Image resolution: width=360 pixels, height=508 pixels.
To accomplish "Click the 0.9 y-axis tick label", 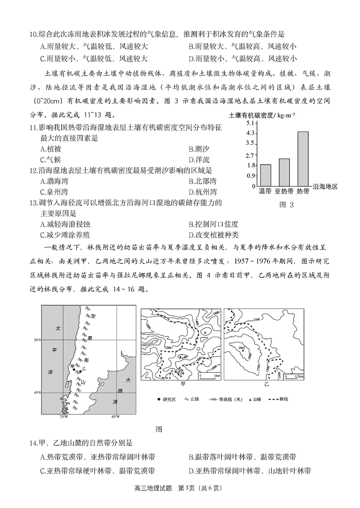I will click(251, 176).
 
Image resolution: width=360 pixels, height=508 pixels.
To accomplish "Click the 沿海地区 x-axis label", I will click(325, 186).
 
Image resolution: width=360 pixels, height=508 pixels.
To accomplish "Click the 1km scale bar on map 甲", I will click(209, 374).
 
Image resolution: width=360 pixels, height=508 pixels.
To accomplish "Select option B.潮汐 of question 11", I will click(199, 149).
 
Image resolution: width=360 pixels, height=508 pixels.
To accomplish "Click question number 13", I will click(34, 203).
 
